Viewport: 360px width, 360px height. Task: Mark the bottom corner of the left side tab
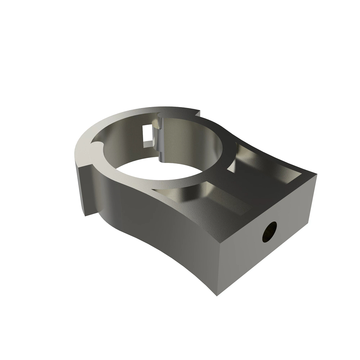[x=85, y=215]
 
